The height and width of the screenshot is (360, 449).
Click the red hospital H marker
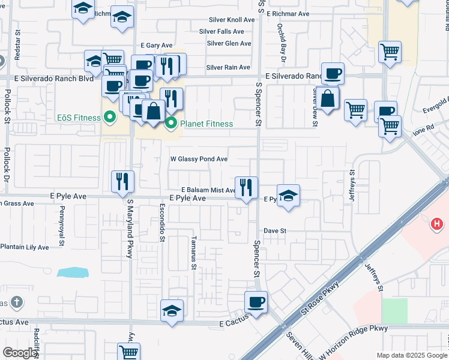click(x=437, y=224)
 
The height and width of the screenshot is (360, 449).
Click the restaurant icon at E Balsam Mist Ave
click(x=246, y=188)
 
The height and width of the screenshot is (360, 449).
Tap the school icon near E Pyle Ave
click(x=288, y=196)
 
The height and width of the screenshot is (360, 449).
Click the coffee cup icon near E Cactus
click(x=256, y=302)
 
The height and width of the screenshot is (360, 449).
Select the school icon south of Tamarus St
click(x=172, y=311)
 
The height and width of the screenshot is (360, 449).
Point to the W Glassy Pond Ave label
click(x=199, y=159)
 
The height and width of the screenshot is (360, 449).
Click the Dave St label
click(x=275, y=230)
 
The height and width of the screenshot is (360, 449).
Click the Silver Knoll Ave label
click(x=231, y=20)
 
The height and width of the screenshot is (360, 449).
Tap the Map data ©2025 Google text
click(x=412, y=355)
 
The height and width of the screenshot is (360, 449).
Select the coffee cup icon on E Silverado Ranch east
click(x=333, y=74)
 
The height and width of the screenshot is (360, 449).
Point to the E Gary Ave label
click(x=157, y=46)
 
